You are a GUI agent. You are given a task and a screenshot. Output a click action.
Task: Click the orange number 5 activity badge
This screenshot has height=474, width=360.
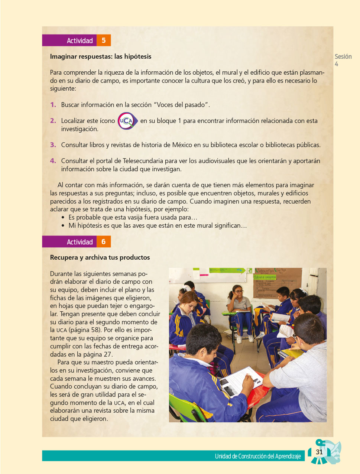tap(104, 40)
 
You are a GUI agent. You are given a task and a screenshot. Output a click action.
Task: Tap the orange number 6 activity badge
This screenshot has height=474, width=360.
tap(104, 241)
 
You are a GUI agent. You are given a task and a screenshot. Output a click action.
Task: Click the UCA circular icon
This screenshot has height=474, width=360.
tap(127, 121)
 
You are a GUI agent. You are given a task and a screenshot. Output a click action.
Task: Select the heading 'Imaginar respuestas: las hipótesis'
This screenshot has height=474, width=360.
tap(101, 56)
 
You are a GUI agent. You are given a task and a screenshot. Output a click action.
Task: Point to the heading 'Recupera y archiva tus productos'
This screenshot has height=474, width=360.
tap(100, 257)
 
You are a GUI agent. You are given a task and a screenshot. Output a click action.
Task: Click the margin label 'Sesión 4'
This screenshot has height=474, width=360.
tap(343, 60)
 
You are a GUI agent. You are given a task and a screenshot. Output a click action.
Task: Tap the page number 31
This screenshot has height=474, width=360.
tap(319, 452)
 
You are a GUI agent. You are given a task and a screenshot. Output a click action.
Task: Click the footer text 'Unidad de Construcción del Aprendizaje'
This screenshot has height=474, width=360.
tap(258, 456)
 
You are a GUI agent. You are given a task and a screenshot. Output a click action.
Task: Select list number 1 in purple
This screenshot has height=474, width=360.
tap(53, 105)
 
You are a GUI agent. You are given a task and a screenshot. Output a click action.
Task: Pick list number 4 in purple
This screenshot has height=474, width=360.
tap(53, 161)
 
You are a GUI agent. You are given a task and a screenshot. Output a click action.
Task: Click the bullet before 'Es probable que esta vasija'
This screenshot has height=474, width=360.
tap(63, 218)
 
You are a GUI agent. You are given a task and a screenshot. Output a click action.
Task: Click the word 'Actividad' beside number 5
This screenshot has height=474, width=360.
tap(80, 40)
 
